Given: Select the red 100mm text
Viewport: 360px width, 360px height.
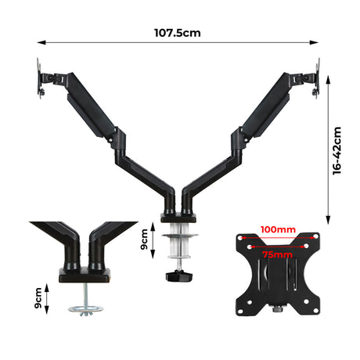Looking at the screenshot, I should [279, 229].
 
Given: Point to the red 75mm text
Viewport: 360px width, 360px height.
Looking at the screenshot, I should [279, 254].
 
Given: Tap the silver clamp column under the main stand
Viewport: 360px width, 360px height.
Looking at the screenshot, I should [181, 244].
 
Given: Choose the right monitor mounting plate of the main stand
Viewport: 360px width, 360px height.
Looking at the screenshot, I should [317, 80].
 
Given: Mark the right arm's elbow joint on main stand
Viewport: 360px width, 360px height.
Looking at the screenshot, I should [232, 138].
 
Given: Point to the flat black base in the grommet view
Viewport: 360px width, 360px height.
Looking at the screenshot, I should [85, 274].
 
